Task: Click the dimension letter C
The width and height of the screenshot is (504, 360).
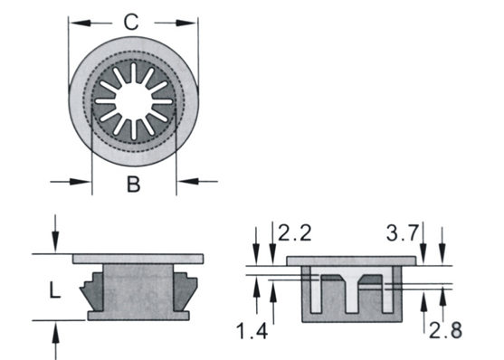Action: [x=131, y=22]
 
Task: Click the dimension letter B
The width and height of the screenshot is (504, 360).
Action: [x=134, y=185]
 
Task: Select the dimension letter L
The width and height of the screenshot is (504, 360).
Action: [x=54, y=291]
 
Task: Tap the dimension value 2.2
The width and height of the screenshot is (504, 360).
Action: [x=294, y=233]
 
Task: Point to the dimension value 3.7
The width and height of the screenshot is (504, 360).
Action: [x=403, y=233]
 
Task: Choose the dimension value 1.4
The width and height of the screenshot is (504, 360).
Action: [x=252, y=331]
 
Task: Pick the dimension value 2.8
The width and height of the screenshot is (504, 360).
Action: [x=445, y=330]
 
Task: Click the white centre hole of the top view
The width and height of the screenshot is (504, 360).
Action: [x=133, y=101]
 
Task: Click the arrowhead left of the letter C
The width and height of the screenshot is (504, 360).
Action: [x=81, y=23]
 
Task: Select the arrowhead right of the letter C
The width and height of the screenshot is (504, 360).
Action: [x=185, y=23]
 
